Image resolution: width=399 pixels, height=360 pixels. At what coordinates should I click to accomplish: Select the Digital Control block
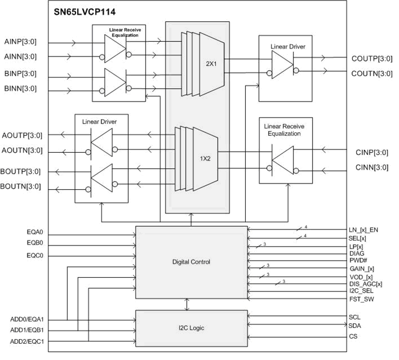coord(191,262)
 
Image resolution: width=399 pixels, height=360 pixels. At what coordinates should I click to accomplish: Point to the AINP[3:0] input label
coord(21,42)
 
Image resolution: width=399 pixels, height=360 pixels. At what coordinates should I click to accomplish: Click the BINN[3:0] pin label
coord(21,88)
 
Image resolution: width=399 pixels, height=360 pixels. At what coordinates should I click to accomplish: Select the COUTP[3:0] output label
coord(371,58)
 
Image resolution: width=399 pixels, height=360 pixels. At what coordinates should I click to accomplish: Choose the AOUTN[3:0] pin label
coord(21,150)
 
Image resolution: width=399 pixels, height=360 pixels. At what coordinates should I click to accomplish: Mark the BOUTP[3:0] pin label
coord(21,171)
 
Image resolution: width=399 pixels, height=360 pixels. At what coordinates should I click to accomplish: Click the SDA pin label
coord(355,326)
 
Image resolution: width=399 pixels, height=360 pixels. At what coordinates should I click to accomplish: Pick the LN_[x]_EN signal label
coord(364,230)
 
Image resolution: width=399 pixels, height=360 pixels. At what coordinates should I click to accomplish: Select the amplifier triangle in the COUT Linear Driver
coord(280,64)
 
